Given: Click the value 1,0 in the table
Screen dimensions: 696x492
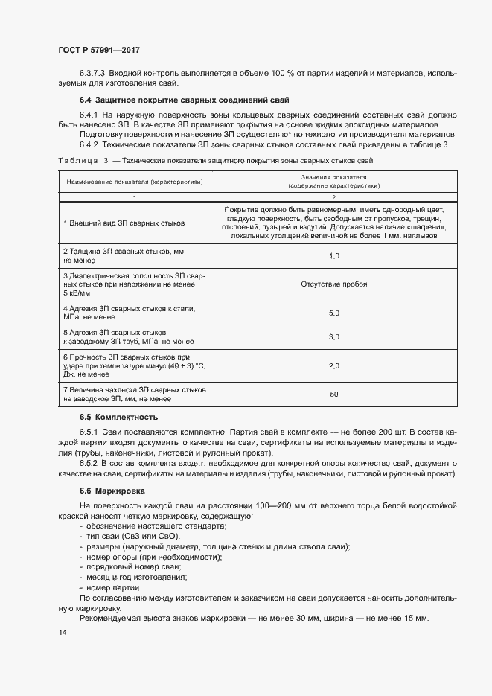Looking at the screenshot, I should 334,255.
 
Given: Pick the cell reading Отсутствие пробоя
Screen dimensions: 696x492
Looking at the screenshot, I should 334,284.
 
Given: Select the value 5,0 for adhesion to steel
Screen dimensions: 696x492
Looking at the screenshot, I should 334,313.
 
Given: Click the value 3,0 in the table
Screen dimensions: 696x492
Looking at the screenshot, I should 334,336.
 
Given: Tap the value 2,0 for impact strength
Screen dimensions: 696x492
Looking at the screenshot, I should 334,365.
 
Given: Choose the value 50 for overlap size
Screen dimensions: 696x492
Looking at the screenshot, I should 334,394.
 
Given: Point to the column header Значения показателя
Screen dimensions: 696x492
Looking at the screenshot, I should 334,179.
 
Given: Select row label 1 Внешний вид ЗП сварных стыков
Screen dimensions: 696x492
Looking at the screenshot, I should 124,223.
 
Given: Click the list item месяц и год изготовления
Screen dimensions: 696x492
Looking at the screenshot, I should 135,577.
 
